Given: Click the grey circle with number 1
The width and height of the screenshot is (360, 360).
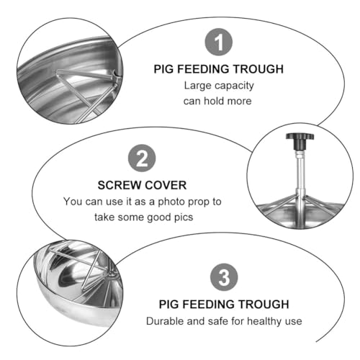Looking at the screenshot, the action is (x=218, y=42).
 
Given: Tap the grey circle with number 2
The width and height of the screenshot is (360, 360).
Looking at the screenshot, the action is (x=142, y=158).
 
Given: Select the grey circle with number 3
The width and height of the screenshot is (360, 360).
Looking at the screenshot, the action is (x=224, y=277).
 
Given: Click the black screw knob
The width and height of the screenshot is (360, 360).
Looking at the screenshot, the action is (x=300, y=141).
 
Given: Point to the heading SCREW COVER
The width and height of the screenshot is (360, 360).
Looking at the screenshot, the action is (x=142, y=185).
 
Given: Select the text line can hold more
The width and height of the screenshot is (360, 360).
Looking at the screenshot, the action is (x=217, y=101).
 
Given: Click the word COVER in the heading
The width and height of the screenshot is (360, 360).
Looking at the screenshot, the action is (x=166, y=185).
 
